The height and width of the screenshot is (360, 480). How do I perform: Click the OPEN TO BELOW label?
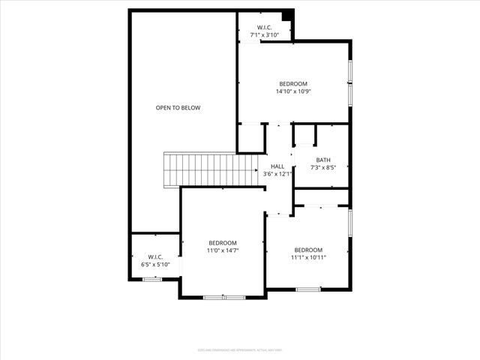pos(178,108)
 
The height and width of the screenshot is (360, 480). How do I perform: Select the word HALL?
pos(277,166)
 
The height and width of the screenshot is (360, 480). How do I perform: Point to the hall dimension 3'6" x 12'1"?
pos(277,174)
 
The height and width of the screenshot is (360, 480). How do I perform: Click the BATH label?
pos(322,160)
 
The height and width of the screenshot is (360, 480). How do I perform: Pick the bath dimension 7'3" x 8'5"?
pos(322,167)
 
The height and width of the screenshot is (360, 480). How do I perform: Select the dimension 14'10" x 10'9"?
pos(293,91)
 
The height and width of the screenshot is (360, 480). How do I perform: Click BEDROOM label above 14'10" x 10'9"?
pos(293,84)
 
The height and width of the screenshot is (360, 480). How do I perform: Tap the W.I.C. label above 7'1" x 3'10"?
pos(264,28)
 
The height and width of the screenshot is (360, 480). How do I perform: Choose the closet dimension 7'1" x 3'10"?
pos(264,35)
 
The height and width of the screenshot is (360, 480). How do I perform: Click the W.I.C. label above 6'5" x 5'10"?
pos(155,256)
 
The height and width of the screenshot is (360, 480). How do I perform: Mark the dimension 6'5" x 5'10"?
pos(155,264)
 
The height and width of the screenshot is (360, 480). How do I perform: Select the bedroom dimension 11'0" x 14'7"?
pos(223,250)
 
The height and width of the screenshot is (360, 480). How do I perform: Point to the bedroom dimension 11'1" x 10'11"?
pos(308,257)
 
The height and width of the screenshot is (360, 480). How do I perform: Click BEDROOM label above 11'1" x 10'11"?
pos(308,250)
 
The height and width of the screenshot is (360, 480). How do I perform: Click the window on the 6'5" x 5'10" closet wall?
pos(152,280)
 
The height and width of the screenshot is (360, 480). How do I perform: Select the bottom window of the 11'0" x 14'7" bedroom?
pos(224,298)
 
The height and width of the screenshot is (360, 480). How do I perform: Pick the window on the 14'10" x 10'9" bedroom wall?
pos(349,82)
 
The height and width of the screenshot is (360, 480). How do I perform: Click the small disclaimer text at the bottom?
pos(239,349)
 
